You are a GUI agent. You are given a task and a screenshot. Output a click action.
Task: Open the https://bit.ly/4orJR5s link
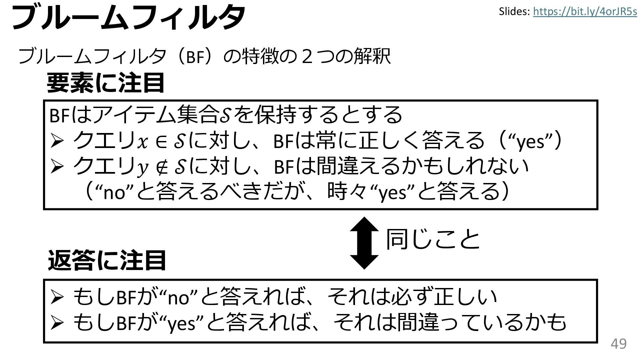click(x=585, y=12)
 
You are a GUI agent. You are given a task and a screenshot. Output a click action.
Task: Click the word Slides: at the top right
click(x=514, y=12)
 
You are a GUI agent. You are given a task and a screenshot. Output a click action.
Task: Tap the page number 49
click(x=619, y=344)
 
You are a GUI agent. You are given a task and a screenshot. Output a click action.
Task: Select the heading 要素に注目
click(x=106, y=83)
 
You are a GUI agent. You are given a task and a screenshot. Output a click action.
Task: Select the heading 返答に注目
click(x=107, y=260)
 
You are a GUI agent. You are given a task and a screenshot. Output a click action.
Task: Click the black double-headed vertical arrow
click(x=364, y=243)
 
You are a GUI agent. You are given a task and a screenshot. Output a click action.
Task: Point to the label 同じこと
click(x=433, y=239)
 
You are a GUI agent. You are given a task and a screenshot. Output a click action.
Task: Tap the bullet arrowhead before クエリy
click(x=56, y=167)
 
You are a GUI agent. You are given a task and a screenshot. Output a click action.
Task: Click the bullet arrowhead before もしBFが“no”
click(x=56, y=298)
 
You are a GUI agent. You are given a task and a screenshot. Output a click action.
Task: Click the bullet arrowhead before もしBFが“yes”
click(x=56, y=323)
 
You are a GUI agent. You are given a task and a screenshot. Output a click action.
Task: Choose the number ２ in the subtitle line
click(x=307, y=56)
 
